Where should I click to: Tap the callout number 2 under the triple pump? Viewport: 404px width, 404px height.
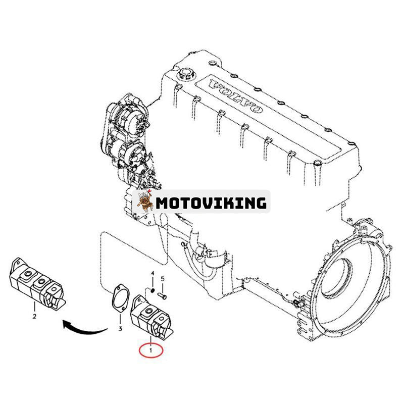[34, 317]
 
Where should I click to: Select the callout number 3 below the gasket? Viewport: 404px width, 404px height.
[120, 329]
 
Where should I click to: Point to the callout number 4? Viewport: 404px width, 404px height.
[152, 274]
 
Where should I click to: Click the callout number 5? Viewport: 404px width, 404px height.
[163, 278]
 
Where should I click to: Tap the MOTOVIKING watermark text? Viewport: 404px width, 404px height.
[211, 203]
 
